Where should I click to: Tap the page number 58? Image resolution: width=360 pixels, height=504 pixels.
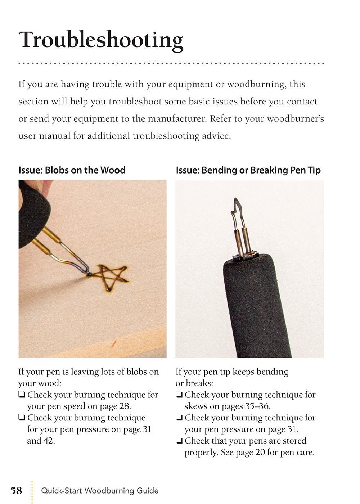[x=16, y=491]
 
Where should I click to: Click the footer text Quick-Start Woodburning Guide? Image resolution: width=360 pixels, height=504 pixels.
[x=100, y=491]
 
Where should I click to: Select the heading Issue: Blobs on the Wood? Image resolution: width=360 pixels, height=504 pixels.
[x=72, y=170]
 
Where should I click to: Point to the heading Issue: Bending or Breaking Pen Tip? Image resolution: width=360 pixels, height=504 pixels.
[x=248, y=170]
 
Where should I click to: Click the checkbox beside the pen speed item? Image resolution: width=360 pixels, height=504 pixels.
[x=22, y=395]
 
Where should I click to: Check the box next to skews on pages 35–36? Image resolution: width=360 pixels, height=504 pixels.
[x=179, y=395]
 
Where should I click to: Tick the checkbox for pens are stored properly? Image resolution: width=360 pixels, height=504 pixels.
[x=179, y=441]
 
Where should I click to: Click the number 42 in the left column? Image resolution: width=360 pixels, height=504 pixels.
[x=49, y=441]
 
